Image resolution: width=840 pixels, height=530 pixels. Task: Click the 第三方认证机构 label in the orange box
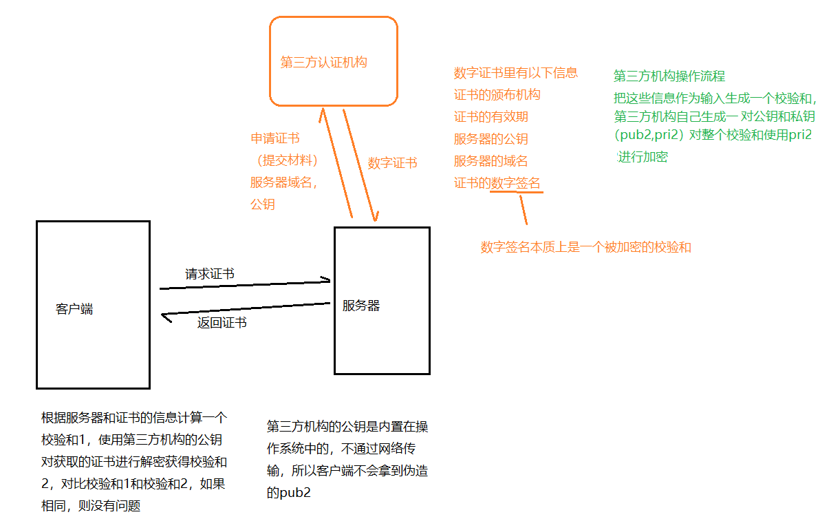click(x=323, y=63)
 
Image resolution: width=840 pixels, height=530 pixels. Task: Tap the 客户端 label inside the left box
click(x=74, y=310)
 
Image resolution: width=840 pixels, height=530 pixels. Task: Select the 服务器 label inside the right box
click(x=361, y=306)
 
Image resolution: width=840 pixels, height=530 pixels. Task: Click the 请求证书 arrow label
click(x=210, y=274)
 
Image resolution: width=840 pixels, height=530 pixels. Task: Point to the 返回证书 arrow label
click(x=222, y=323)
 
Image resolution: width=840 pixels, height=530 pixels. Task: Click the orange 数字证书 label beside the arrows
click(x=392, y=163)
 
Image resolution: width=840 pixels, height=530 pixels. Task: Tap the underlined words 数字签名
click(x=516, y=183)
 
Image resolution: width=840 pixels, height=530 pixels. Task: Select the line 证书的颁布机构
click(x=497, y=95)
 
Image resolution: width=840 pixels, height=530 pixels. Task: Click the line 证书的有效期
click(x=491, y=117)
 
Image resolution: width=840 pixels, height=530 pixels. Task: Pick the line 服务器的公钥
click(x=491, y=139)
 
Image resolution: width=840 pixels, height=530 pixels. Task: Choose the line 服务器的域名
click(x=491, y=161)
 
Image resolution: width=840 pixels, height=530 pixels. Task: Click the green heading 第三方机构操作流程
click(x=669, y=76)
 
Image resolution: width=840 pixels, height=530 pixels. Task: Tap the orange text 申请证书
click(x=275, y=139)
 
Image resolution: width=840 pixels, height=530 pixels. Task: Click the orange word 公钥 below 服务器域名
click(x=263, y=204)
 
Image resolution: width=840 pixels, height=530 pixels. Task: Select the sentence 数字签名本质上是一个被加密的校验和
click(x=585, y=247)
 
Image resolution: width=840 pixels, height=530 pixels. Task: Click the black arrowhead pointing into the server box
click(x=325, y=280)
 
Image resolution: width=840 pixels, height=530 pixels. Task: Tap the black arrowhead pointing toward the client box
click(x=165, y=317)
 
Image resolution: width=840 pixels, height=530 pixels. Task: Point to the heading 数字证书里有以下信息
click(x=516, y=73)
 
